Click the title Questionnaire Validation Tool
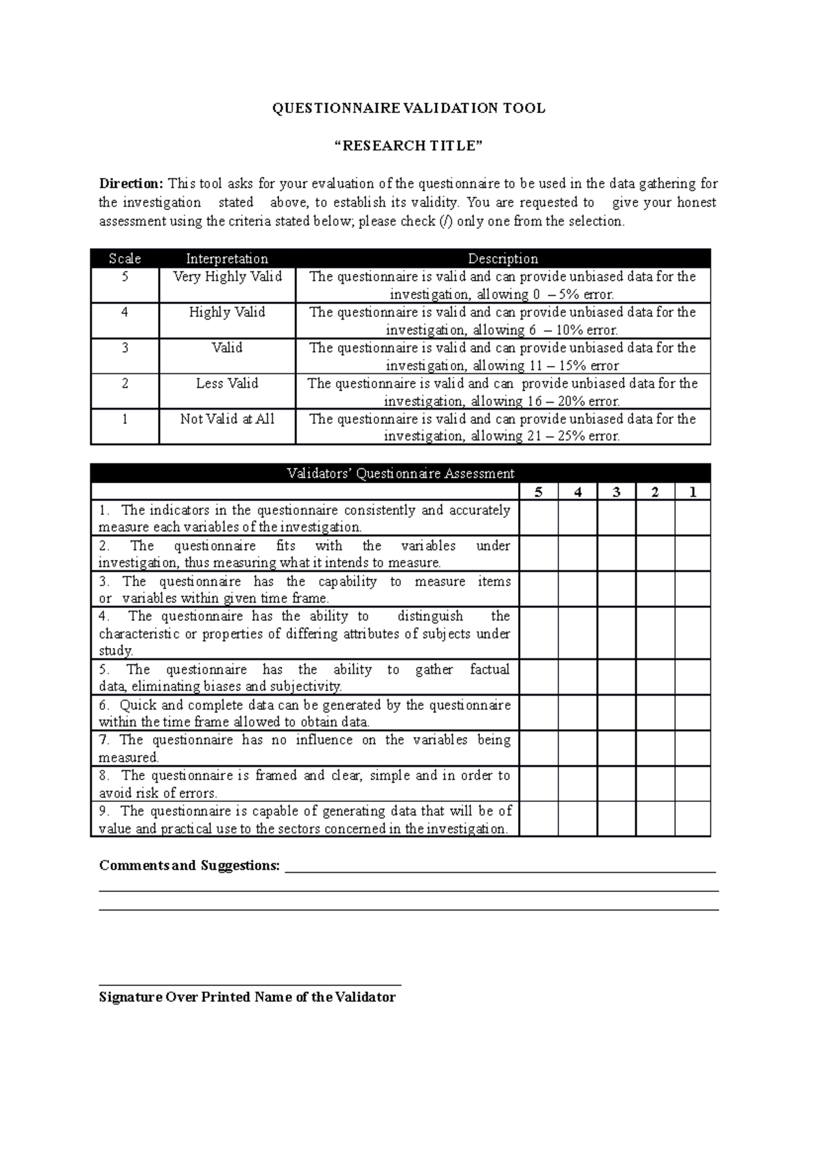408,108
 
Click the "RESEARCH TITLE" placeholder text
408,146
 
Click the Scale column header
125,258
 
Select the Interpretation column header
227,258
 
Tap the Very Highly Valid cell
227,277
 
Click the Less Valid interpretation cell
227,384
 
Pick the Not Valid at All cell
227,419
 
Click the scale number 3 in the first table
125,348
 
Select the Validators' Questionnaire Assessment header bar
400,474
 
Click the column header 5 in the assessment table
539,492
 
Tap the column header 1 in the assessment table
693,492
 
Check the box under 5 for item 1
539,518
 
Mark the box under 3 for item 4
616,633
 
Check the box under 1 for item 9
693,819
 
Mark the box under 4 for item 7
577,748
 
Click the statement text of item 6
304,713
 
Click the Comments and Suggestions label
189,865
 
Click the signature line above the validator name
250,985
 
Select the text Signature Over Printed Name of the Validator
247,998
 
